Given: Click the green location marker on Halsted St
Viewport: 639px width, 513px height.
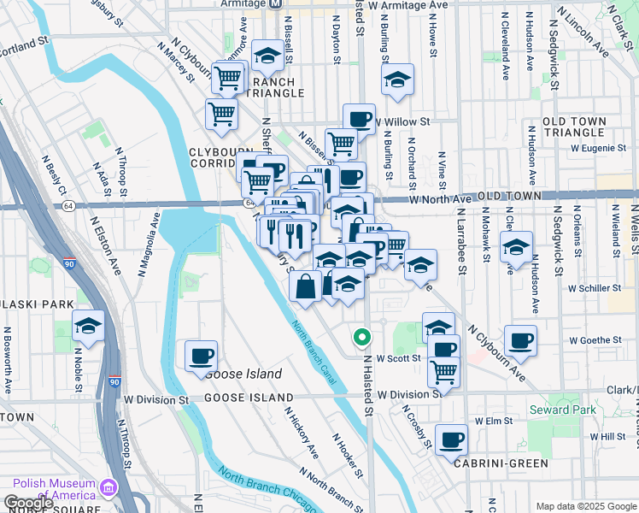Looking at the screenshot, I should [x=361, y=338].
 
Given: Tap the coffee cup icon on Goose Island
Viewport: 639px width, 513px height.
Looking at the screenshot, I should [x=201, y=355].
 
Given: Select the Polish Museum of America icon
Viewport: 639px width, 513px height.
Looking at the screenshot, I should [x=108, y=488].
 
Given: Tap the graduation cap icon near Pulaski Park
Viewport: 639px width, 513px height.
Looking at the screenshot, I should [x=88, y=327].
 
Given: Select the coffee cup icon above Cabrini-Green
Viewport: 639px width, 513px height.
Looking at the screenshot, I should [x=451, y=439].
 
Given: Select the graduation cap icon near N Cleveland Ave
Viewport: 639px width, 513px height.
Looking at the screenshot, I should [x=516, y=247].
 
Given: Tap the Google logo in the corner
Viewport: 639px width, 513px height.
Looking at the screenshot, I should [x=28, y=503].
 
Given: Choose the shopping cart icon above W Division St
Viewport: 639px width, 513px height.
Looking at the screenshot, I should [x=444, y=371].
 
